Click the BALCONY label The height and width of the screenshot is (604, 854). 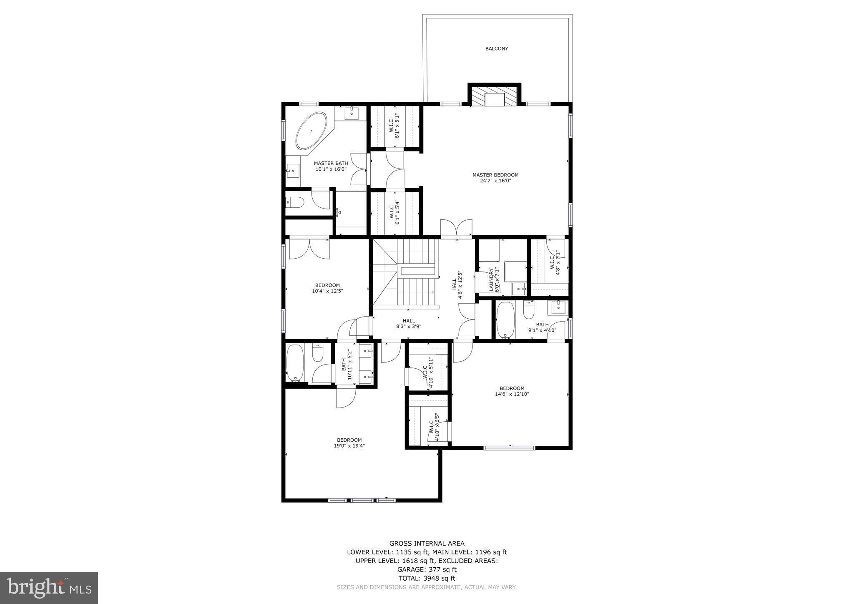click(x=496, y=49)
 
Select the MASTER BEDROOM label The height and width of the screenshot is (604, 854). click(x=495, y=175)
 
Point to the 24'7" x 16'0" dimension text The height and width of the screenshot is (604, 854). click(x=495, y=181)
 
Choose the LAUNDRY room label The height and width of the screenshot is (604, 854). click(x=491, y=280)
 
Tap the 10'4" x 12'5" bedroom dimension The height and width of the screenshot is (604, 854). click(x=327, y=291)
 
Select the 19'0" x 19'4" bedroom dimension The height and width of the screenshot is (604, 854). click(x=349, y=445)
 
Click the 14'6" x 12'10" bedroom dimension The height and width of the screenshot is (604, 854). click(x=512, y=394)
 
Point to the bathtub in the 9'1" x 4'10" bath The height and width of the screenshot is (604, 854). click(x=505, y=319)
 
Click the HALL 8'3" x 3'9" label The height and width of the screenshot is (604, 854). click(x=408, y=324)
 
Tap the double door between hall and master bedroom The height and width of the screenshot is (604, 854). click(x=456, y=229)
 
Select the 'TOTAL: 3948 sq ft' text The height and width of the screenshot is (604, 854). click(x=427, y=578)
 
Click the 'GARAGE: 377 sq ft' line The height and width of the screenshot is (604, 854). click(x=427, y=569)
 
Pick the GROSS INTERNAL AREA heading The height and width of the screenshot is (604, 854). click(x=427, y=543)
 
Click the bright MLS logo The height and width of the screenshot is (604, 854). click(x=49, y=588)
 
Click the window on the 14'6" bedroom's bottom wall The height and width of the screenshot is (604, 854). click(x=509, y=448)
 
